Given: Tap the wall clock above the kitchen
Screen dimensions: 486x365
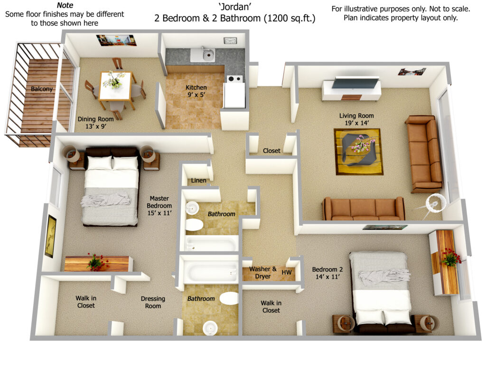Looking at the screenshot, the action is (230, 41).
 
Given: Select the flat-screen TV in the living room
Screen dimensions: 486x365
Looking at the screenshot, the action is (356, 83).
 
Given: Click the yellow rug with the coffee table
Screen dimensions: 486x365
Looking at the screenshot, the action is (359, 152).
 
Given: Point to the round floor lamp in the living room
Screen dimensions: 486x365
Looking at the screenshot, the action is (436, 203).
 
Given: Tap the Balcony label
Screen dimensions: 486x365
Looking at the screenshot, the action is (42, 89).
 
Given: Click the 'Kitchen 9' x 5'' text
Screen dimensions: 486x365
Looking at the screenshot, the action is (196, 91).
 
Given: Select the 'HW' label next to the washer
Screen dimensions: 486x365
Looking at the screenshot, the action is (286, 272).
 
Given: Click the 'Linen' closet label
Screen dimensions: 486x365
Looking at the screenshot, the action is (198, 180).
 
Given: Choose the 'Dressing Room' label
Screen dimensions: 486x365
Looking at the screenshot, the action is (153, 302).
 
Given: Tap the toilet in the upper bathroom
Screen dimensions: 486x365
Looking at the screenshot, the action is (194, 225).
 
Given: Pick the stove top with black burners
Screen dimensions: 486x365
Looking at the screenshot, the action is (234, 79).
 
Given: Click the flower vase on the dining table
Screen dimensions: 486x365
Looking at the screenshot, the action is (115, 80).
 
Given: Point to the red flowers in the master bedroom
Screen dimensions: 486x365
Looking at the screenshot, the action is (97, 262).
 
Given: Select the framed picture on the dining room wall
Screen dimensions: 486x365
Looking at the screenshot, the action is (117, 40).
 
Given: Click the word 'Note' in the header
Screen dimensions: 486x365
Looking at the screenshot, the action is (65, 5).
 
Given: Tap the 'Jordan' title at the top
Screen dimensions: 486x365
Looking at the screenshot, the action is (234, 7).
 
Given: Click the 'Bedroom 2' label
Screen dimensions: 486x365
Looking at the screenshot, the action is (327, 269).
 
